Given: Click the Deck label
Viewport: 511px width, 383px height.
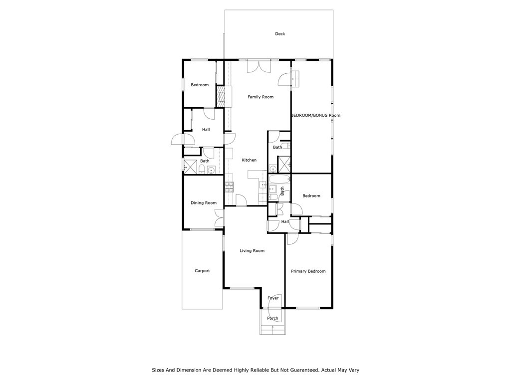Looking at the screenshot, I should [x=280, y=34].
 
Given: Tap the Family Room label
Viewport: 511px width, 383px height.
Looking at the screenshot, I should [x=260, y=97].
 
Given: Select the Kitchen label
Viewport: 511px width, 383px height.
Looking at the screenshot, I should [x=249, y=160].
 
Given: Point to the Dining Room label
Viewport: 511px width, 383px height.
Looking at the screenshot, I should [x=204, y=203].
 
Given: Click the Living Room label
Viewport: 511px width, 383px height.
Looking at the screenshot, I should [x=252, y=251].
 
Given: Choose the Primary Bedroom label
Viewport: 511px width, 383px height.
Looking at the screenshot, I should [x=308, y=271].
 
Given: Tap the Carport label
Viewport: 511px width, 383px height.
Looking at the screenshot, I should [x=202, y=271].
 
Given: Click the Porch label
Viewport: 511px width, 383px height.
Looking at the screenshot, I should [x=272, y=318].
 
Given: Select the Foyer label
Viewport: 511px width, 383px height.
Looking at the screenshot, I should [x=273, y=298].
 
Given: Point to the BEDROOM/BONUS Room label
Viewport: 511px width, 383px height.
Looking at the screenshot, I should [x=315, y=115].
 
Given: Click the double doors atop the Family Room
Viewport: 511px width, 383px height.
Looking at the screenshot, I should [x=258, y=66].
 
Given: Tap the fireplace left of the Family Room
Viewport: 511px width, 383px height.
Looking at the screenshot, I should [x=221, y=97].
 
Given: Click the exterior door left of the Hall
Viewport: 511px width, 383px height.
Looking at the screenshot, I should [x=178, y=140].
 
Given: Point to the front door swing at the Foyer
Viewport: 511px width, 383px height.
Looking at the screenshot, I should [x=277, y=301].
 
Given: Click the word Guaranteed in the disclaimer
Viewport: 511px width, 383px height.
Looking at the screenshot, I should [x=301, y=370].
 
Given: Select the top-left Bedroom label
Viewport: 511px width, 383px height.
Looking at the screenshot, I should [x=200, y=85].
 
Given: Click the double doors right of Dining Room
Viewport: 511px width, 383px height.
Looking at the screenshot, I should [x=219, y=218].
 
